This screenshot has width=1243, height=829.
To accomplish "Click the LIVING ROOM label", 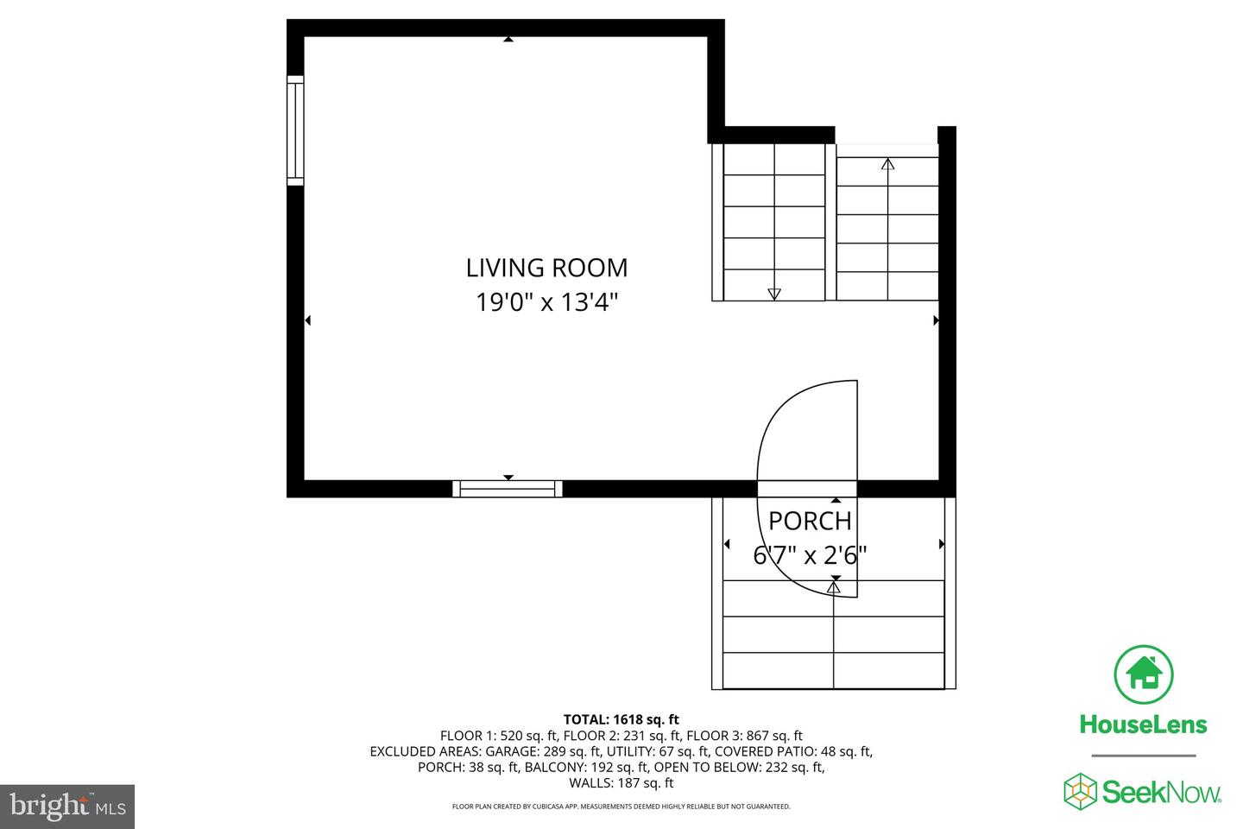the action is click(546, 268).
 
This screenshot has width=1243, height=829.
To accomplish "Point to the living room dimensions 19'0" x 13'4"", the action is click(546, 302).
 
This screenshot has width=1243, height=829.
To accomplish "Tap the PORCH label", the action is click(810, 521).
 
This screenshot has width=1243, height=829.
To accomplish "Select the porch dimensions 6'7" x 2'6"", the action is click(810, 554).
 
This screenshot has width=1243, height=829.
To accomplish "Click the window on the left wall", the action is click(295, 130).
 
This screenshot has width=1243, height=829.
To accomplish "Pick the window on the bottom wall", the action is click(508, 489).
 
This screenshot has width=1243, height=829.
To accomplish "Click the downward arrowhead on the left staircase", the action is click(774, 294).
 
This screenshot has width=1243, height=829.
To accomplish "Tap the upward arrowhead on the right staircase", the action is click(888, 164).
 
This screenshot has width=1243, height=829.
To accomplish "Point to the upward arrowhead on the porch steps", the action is click(834, 587).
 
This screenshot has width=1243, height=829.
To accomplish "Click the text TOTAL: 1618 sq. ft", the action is click(621, 719).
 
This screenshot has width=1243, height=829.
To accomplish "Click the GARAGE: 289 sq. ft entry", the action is click(543, 751).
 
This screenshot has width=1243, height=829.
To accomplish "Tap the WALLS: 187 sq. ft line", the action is click(621, 783).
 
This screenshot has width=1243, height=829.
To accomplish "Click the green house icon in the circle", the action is click(1144, 674).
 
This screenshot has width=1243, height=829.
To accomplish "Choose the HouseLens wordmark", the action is click(1143, 725).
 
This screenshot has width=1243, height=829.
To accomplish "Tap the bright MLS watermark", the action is click(67, 807).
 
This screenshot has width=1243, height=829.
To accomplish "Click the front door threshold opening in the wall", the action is click(807, 489).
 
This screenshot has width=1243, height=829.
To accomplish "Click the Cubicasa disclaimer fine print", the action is click(621, 807).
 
